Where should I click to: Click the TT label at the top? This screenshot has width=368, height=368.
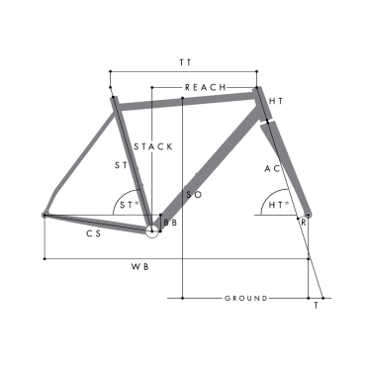pos(185,62)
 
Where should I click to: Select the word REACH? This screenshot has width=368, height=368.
pos(206,87)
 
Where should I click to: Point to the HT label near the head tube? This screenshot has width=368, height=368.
pos(276,102)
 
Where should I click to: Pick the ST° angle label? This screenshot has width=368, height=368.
pos(127,206)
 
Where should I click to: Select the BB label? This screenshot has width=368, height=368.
pos(170,225)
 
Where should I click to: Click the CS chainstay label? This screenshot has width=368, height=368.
pos(94,234)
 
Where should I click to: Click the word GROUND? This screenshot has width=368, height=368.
pos(245,298)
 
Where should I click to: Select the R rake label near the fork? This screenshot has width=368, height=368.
pos(304,224)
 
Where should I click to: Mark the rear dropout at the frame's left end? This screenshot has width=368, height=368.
pos(45,213)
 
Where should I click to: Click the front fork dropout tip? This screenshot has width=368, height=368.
pos(309,214)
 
